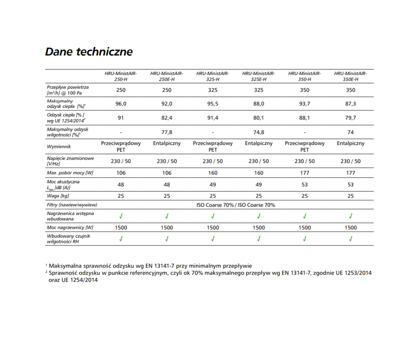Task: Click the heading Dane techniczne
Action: coord(88,52)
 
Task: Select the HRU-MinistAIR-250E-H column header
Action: coord(167,76)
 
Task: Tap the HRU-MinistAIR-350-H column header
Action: coord(304,76)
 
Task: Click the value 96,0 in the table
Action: coord(121,104)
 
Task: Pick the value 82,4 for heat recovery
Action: coord(167,118)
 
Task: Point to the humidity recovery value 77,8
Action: coord(167,132)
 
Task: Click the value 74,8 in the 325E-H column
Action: coord(259,132)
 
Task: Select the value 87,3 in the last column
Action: coord(351,104)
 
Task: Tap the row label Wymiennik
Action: coord(59,147)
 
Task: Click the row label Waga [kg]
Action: coord(58,196)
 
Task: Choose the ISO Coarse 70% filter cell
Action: coord(236,205)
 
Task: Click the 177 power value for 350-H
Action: coord(304,173)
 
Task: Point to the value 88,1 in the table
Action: coord(304,118)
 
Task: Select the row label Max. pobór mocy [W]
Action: coord(70,173)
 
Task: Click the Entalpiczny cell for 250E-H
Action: coord(167,143)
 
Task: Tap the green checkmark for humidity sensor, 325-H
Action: coord(213,239)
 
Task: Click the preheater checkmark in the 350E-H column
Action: coord(351,216)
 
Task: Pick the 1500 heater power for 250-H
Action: coord(121,227)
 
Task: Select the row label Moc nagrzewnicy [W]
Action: coord(70,227)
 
